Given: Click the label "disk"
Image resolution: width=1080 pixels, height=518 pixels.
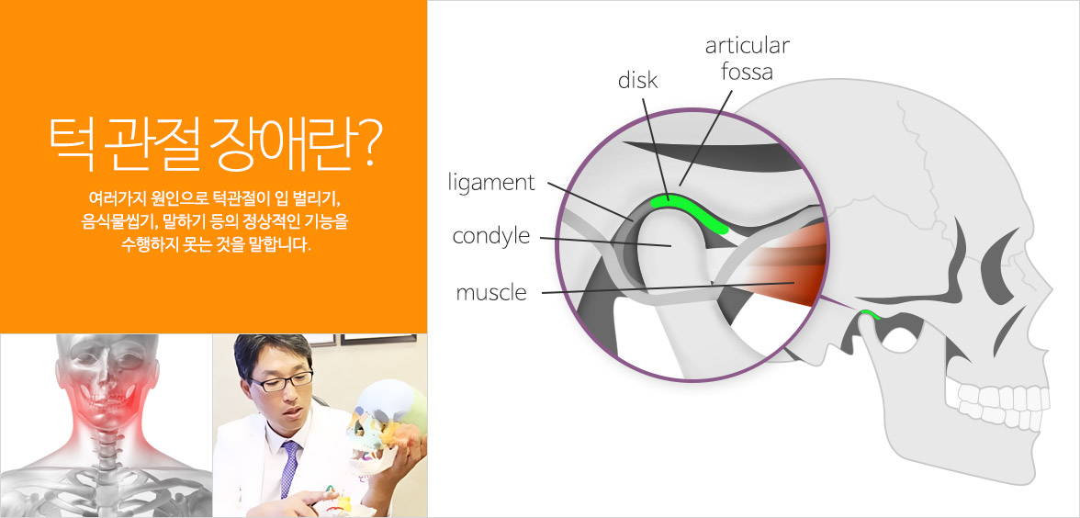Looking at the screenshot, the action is tap(637, 80).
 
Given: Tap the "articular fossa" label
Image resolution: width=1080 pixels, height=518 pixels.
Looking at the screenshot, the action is tap(748, 58).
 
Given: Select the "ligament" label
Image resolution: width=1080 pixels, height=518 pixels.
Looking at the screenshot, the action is tap(491, 183).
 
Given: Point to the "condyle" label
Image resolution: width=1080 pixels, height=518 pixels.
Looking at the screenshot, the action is tap(491, 236).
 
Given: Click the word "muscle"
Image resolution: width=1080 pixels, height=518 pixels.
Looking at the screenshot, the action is tap(491, 293).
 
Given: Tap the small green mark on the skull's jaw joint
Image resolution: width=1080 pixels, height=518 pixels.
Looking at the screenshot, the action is tap(870, 316).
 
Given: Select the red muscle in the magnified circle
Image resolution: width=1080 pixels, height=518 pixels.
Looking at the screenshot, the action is tap(785, 265).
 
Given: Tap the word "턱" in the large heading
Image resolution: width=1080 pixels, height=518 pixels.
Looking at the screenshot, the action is tap(70, 147).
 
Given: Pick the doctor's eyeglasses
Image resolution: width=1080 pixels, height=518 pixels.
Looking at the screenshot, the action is tap(282, 381).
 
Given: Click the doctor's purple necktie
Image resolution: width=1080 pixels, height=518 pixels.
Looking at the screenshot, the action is tap(289, 468).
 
